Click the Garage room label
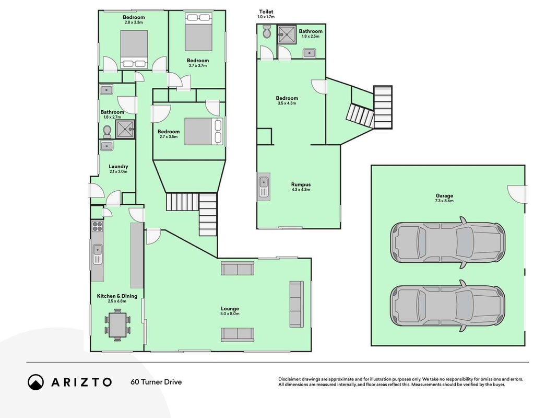pyautogui.click(x=444, y=195)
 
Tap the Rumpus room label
pyautogui.click(x=301, y=184)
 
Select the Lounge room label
pyautogui.click(x=230, y=308)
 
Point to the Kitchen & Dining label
pyautogui.click(x=117, y=296)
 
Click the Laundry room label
pyautogui.click(x=118, y=166)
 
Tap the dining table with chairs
pyautogui.click(x=117, y=325)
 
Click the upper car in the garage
pyautogui.click(x=447, y=243)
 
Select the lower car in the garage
pyautogui.click(x=447, y=306)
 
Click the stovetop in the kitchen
pyautogui.click(x=97, y=226)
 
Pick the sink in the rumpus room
pyautogui.click(x=264, y=187)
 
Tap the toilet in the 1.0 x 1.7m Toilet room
pyautogui.click(x=266, y=32)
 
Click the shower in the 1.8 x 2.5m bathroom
pyautogui.click(x=287, y=34)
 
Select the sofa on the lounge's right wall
pyautogui.click(x=297, y=304)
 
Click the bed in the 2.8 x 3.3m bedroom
pyautogui.click(x=134, y=49)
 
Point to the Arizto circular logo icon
pyautogui.click(x=35, y=382)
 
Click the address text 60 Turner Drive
pyautogui.click(x=156, y=382)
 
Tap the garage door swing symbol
pyautogui.click(x=517, y=194)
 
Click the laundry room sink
pyautogui.click(x=106, y=146)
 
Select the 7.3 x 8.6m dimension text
pyautogui.click(x=444, y=201)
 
